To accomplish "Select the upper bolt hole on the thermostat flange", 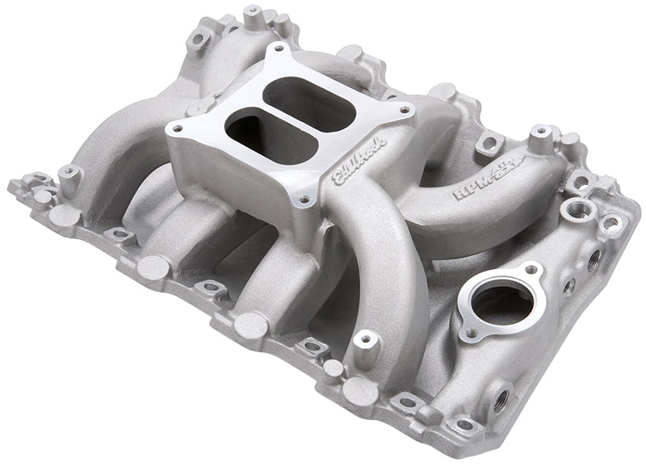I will pyautogui.click(x=530, y=270).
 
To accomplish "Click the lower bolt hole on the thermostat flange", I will pyautogui.click(x=467, y=332).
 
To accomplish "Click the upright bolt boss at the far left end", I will pyautogui.click(x=69, y=173).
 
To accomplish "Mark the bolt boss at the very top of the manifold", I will pyautogui.click(x=255, y=13).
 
